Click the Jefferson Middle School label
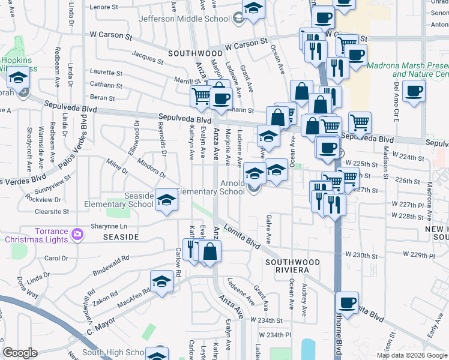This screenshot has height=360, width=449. tap(184, 19)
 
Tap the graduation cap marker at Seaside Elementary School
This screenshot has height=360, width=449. tap(166, 200)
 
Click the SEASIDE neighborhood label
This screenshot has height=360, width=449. tap(121, 237)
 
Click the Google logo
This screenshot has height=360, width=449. tap(20, 353)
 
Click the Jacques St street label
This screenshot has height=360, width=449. tap(147, 58)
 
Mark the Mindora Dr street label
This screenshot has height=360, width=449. tap(151, 169)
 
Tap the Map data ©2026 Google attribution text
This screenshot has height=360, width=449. tap(411, 355)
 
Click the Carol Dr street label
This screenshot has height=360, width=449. tap(56, 259)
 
